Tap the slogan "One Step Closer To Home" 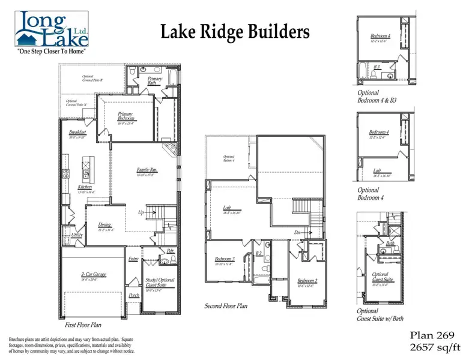click(53, 52)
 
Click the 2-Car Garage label click(93, 274)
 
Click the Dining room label click(104, 224)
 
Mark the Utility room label click(77, 235)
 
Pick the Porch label click(134, 295)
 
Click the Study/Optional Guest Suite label click(159, 282)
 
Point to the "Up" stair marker click(141, 212)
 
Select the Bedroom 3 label click(225, 259)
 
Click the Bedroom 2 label click(307, 281)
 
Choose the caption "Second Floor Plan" click(226, 306)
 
